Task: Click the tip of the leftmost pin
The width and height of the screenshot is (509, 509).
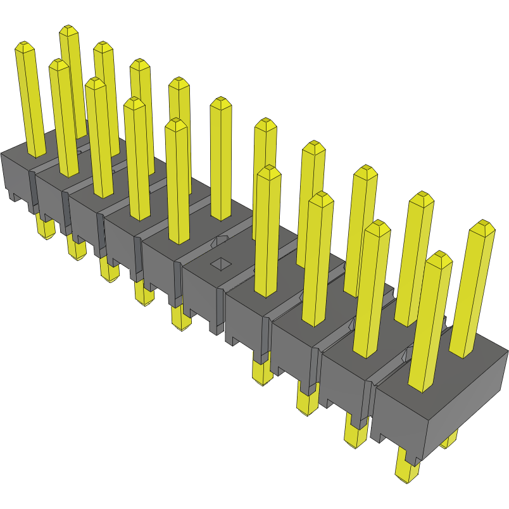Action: tap(24, 46)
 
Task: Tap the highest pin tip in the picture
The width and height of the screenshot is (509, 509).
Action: tap(69, 30)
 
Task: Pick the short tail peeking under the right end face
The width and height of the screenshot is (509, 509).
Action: tap(449, 439)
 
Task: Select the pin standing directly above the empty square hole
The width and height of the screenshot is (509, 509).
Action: tap(220, 158)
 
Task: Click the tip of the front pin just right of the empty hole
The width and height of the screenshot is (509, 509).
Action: tap(269, 170)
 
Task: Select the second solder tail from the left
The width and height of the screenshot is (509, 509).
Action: tap(76, 247)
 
